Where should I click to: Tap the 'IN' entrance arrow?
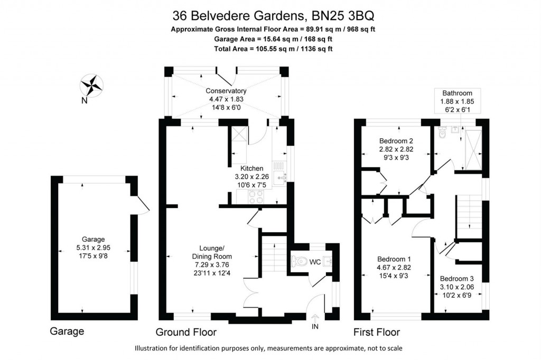pos(315,320)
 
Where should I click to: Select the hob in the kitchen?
pos(256,196)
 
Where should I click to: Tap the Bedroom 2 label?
pos(396,141)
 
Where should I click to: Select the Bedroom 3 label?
pos(457,279)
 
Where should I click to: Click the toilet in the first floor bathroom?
pos(443,135)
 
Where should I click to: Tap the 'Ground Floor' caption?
pos(185,333)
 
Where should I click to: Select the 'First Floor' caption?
pos(377,333)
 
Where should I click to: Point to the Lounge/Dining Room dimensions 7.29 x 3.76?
pos(213,264)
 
